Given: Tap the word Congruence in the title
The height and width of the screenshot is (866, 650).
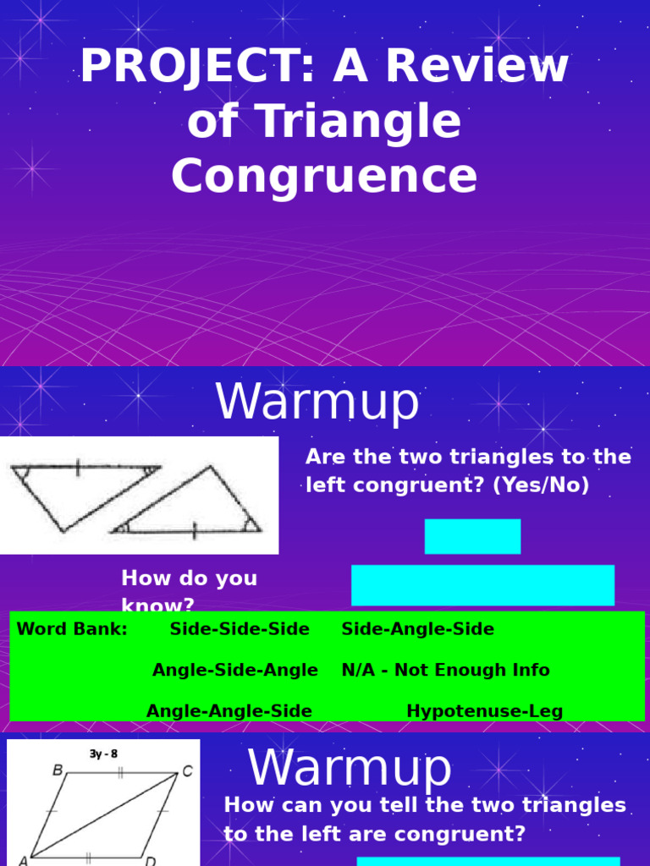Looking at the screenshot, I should click(x=324, y=177).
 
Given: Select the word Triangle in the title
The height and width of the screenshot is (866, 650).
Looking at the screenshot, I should click(x=358, y=122).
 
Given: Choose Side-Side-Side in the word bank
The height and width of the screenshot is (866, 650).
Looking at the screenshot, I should click(x=240, y=629).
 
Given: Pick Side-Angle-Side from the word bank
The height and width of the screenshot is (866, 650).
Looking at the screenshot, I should click(x=417, y=629).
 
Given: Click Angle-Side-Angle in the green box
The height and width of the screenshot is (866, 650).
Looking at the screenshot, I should click(x=234, y=670).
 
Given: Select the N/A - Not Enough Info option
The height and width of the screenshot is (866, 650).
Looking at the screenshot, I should click(x=445, y=670).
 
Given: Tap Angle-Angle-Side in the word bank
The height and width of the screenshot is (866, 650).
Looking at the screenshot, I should click(x=229, y=711).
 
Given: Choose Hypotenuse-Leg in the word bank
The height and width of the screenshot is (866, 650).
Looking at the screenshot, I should click(x=484, y=711).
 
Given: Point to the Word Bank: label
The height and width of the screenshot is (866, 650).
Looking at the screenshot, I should click(x=72, y=629).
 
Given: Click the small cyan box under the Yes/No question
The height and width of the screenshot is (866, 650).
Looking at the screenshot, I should click(x=472, y=536).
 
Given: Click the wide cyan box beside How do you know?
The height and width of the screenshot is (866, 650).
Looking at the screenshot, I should click(x=482, y=585).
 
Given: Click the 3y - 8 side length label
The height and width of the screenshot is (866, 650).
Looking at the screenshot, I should click(x=104, y=754).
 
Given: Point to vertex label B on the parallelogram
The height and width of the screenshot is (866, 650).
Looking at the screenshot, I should click(x=58, y=770).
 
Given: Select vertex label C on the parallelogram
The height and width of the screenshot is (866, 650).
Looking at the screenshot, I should click(x=187, y=770).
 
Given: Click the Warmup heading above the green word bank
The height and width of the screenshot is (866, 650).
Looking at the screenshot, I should click(x=317, y=403).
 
